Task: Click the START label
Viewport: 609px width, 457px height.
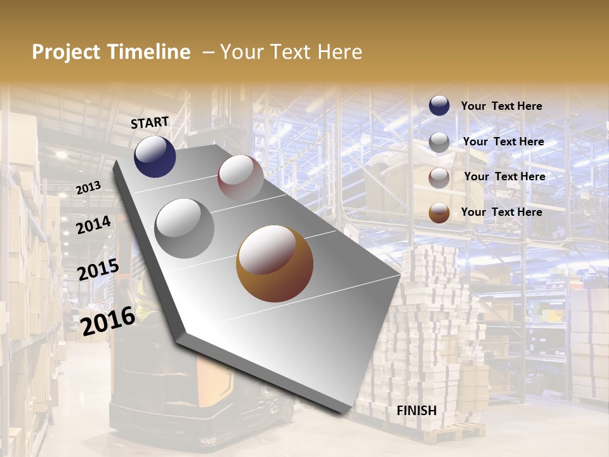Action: point(150,122)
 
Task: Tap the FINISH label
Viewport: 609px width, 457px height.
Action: point(417,410)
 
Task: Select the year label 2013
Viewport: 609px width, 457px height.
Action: point(88,187)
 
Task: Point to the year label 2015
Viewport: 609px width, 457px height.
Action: point(98,270)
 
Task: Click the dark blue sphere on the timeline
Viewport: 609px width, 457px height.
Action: point(155,156)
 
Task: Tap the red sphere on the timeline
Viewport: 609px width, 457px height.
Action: point(240,177)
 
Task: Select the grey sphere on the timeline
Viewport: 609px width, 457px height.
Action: point(185,228)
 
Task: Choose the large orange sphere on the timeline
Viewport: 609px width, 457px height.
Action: point(275,263)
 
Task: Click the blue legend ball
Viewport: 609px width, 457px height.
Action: point(439,106)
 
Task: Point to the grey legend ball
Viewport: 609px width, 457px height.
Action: point(439,142)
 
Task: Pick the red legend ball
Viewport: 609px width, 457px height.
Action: point(439,178)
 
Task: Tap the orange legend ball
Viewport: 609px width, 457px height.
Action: point(439,213)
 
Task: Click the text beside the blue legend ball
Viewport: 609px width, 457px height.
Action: point(501,107)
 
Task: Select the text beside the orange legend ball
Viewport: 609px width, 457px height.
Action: point(501,212)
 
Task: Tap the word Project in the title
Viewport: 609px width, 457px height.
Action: point(65,52)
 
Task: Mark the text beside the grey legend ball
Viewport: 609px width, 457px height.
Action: point(503,142)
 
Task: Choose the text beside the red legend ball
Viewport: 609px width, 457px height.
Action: point(504,176)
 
